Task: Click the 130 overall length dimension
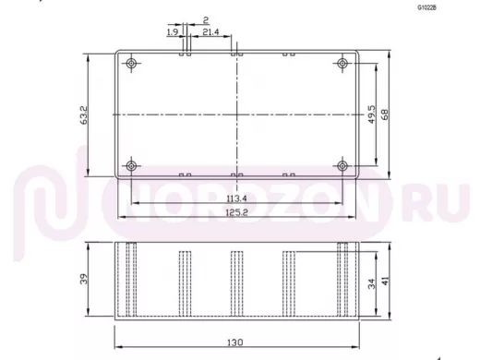click(x=235, y=342)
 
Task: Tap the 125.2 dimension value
click(x=236, y=212)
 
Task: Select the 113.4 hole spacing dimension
click(x=236, y=198)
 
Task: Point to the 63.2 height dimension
click(x=84, y=115)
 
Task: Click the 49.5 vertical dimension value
click(x=372, y=114)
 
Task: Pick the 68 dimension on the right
click(x=385, y=114)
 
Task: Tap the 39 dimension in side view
click(x=84, y=279)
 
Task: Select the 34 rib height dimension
click(x=372, y=283)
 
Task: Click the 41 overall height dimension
click(x=385, y=281)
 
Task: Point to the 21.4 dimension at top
click(x=210, y=31)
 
